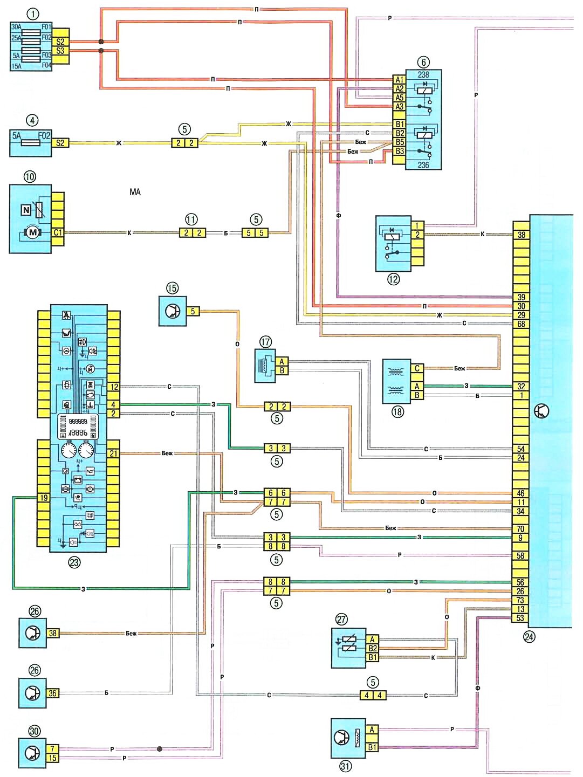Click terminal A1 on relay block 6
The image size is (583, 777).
[399, 80]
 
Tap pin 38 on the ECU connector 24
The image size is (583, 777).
[521, 235]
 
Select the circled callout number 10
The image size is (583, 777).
[30, 176]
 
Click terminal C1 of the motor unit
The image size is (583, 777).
[58, 232]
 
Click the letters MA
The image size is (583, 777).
[135, 192]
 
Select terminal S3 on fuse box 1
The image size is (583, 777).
[60, 51]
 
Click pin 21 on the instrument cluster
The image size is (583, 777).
[113, 453]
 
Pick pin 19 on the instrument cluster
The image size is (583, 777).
[44, 498]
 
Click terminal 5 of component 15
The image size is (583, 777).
[193, 311]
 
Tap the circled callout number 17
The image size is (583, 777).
[265, 342]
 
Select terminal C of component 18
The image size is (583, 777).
[417, 369]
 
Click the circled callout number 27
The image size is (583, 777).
[341, 620]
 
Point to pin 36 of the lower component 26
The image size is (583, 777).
[52, 693]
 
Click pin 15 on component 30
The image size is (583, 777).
[52, 758]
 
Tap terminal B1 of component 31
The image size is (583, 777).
[372, 747]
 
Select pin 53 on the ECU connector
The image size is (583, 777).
[520, 618]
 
